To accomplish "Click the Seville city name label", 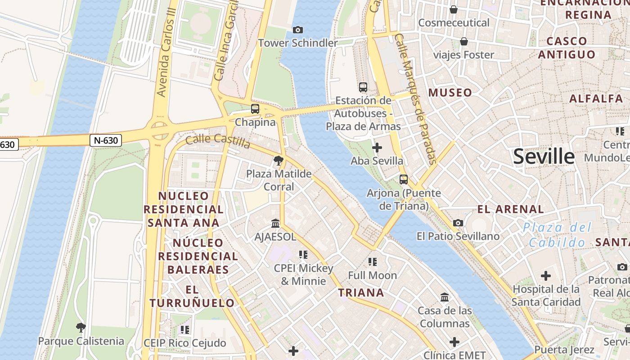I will [x=544, y=157].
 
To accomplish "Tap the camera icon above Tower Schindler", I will [x=297, y=30].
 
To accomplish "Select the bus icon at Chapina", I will [x=255, y=109].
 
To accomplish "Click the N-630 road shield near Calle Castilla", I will [x=106, y=140].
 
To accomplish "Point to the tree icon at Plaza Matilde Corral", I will [x=279, y=160].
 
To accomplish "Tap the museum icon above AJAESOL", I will [x=275, y=223].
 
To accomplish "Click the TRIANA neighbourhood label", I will [x=361, y=293].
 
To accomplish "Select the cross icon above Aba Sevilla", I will [x=377, y=148].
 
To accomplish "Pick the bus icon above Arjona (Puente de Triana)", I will [x=404, y=180].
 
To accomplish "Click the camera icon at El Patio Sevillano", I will [x=458, y=223].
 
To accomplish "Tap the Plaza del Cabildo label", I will [x=558, y=235].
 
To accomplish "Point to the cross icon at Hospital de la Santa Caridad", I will [x=546, y=275].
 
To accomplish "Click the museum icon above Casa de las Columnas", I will [x=445, y=297].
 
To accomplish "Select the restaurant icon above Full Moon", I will [x=372, y=261].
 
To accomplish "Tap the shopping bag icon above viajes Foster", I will [x=463, y=42].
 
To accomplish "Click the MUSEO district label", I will [x=450, y=93].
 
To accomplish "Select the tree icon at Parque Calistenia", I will [x=81, y=328].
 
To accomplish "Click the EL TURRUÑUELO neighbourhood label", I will [x=192, y=296].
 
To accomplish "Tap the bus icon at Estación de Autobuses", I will [x=363, y=87].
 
